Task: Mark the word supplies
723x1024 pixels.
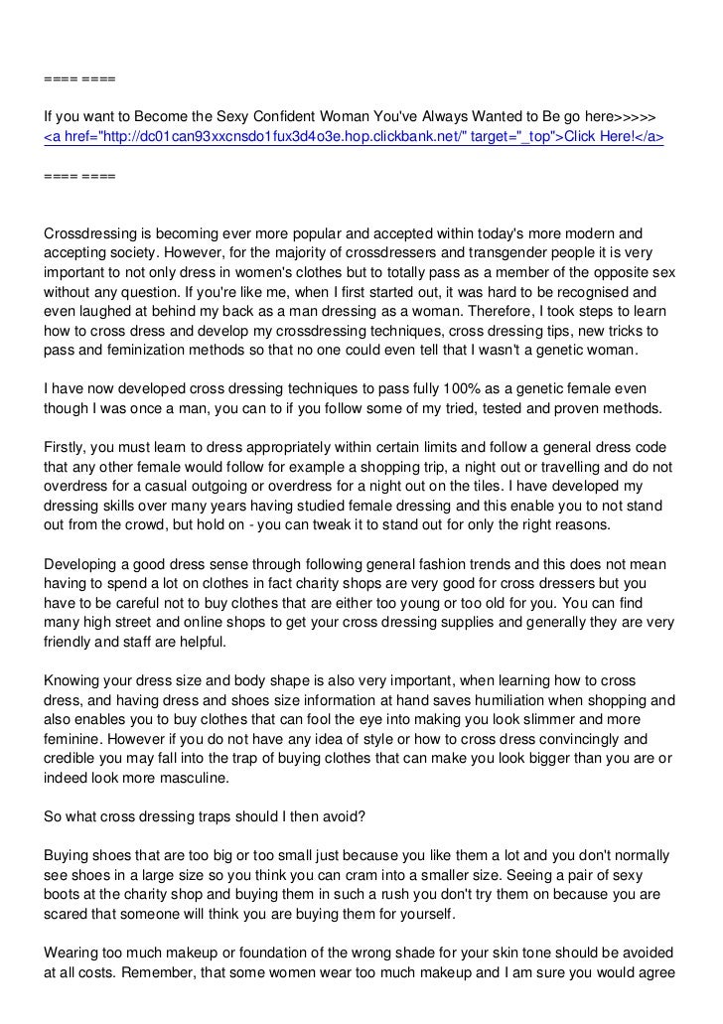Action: (483, 622)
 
